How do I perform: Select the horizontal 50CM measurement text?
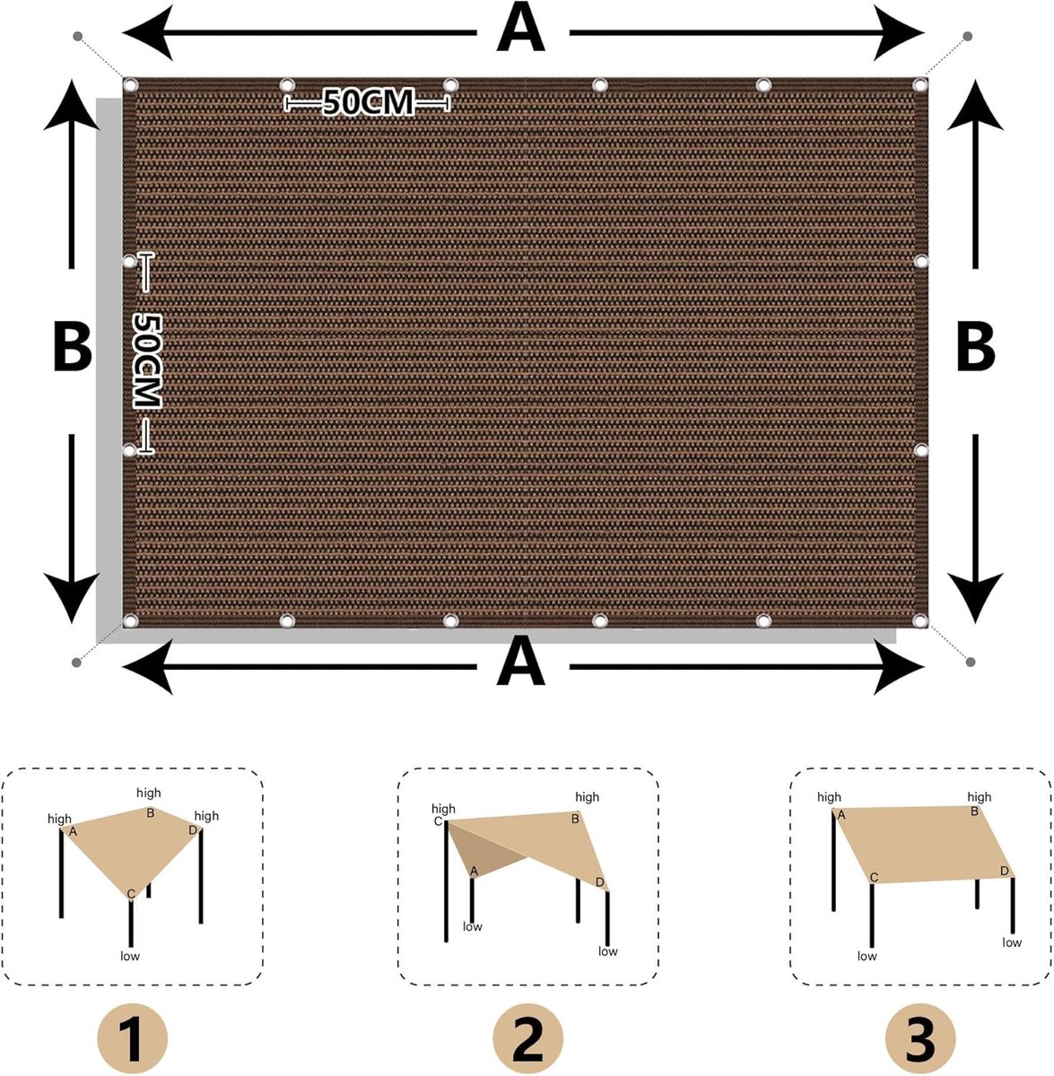369,102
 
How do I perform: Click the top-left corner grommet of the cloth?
130,85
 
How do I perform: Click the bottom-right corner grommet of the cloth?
919,620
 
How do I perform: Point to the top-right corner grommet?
919,85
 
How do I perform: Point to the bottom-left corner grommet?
130,620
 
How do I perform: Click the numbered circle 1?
133,1037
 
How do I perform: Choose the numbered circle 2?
527,1037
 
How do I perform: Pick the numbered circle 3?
920,1037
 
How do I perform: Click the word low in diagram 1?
130,955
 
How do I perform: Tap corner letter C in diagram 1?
131,895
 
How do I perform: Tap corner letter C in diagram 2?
438,821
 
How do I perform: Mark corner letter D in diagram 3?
1005,871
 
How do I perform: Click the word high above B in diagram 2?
588,797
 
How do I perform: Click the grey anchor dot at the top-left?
78,37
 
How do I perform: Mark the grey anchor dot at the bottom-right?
971,662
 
